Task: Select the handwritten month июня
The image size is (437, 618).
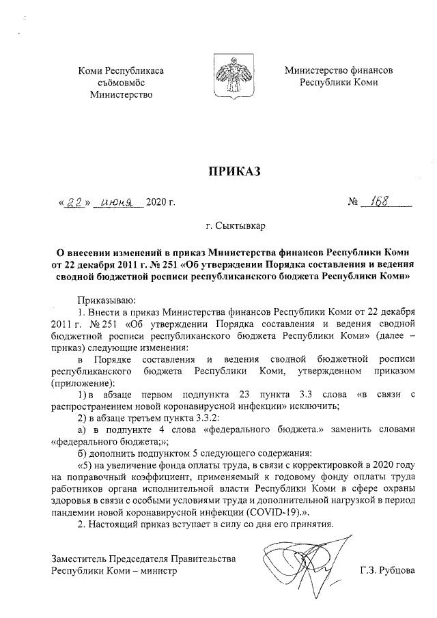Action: coord(119,203)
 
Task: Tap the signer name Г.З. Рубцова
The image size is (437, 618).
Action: coord(388,570)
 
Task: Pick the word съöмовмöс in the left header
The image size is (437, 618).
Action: coord(122,82)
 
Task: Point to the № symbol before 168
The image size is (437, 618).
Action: coord(354,203)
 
